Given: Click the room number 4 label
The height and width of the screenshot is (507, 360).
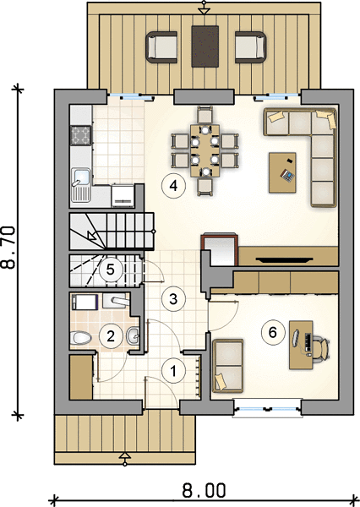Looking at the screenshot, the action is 174,186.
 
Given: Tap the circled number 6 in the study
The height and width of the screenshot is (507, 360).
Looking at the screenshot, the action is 273,332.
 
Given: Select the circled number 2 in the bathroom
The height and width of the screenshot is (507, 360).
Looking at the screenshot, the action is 111,336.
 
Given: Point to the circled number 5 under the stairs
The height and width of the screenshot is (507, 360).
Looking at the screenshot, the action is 111,270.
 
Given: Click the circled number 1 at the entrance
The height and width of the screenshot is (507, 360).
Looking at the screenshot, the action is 174,371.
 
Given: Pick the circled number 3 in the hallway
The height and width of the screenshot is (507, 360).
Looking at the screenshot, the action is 174,299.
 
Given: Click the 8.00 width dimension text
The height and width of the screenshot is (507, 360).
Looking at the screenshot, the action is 204,490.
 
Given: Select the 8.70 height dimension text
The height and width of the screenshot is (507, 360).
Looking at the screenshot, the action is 8,248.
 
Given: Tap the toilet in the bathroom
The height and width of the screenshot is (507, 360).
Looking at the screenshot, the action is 80,338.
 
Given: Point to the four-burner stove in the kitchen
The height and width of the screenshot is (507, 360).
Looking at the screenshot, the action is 80,135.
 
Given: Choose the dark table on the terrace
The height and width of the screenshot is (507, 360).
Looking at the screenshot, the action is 205,46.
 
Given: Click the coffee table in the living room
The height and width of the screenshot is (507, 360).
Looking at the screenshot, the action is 282,172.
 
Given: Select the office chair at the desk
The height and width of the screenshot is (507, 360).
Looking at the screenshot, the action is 321,348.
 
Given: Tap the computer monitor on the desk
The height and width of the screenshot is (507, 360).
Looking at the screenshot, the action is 295,338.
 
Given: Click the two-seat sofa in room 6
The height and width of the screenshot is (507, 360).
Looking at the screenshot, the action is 227,366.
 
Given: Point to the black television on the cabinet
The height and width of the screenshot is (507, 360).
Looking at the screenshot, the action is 284,259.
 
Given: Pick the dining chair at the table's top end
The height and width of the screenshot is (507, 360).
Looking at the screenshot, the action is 205,116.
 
